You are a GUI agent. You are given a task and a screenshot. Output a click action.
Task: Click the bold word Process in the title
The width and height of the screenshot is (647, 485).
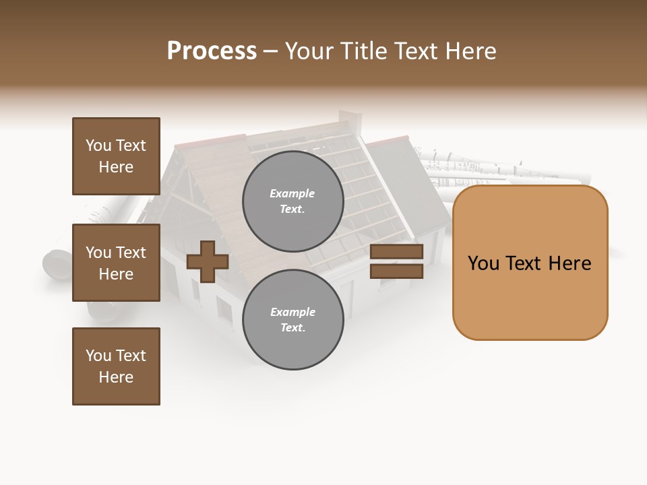212,51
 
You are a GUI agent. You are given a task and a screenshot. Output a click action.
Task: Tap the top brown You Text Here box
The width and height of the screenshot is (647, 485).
116,156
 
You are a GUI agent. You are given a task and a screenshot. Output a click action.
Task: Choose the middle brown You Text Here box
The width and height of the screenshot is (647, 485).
116,263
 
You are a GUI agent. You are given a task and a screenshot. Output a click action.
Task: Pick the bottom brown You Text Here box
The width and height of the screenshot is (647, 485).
116,366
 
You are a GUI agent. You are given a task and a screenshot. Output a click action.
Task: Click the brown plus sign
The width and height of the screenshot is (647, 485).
208,261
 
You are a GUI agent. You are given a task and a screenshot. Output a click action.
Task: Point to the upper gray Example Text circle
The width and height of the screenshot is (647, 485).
292,201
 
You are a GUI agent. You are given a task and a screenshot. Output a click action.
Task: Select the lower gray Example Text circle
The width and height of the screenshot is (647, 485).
292,319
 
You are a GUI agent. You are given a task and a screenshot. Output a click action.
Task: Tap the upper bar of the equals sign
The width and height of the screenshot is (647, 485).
396,252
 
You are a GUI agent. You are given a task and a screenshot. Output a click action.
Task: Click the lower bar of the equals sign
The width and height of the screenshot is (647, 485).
396,271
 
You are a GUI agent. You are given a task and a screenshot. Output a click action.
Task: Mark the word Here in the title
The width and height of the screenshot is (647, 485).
470,51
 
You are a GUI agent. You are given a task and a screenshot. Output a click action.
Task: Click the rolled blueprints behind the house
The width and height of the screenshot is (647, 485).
499,168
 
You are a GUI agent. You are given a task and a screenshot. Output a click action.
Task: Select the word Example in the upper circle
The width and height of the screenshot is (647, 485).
292,193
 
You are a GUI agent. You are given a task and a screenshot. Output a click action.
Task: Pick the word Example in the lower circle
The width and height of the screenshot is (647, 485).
292,312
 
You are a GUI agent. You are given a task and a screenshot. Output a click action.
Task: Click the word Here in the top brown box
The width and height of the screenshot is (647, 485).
116,167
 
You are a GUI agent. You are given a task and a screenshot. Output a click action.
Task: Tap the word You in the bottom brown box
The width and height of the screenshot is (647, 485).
98,356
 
